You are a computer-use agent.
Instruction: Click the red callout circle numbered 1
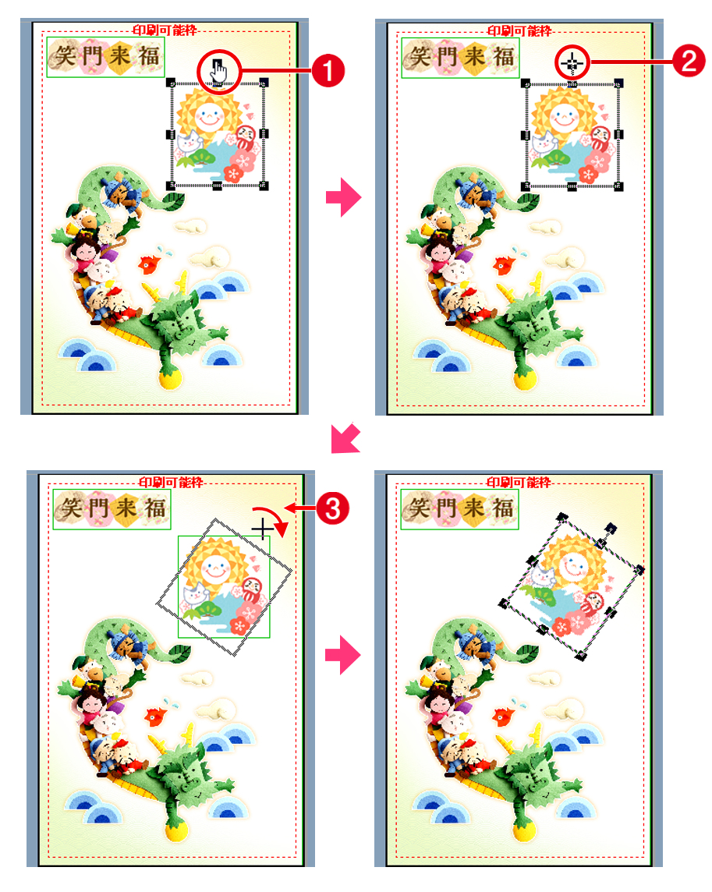pyautogui.click(x=328, y=71)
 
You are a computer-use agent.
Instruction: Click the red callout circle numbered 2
pyautogui.click(x=689, y=62)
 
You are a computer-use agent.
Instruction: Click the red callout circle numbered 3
pyautogui.click(x=332, y=508)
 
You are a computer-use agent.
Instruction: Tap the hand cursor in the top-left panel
pyautogui.click(x=218, y=72)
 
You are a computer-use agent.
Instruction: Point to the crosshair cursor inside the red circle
pyautogui.click(x=572, y=62)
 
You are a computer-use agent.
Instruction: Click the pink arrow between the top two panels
pyautogui.click(x=344, y=197)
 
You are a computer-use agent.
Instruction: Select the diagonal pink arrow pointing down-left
pyautogui.click(x=346, y=438)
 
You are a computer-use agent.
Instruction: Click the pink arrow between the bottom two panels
pyautogui.click(x=343, y=655)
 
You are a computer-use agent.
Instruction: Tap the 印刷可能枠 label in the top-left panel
pyautogui.click(x=165, y=30)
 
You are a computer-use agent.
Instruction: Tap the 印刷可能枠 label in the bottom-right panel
pyautogui.click(x=519, y=482)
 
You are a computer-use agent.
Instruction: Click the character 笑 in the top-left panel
pyautogui.click(x=64, y=57)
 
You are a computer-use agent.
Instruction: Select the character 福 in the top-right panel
pyautogui.click(x=504, y=57)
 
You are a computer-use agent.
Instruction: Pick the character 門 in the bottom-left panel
pyautogui.click(x=98, y=508)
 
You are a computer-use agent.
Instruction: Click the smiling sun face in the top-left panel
pyautogui.click(x=209, y=116)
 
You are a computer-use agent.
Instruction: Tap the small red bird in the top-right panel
pyautogui.click(x=505, y=265)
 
